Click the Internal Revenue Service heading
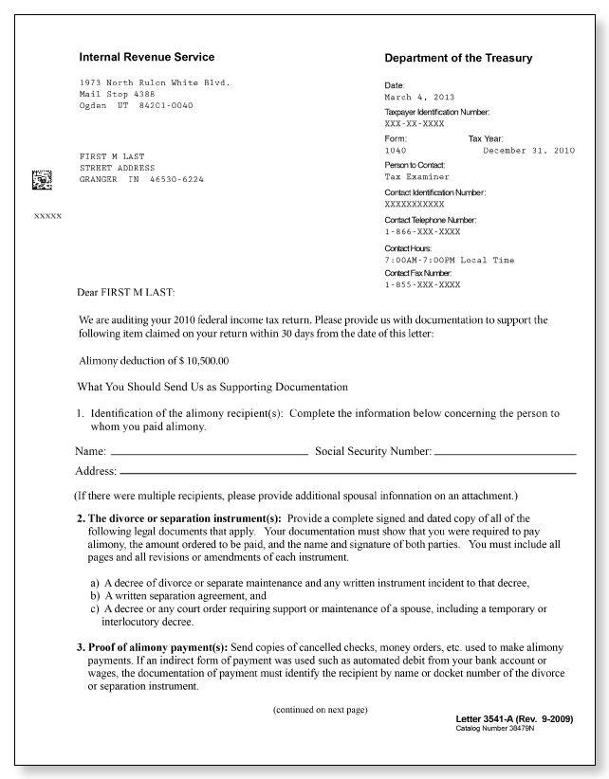pyautogui.click(x=146, y=57)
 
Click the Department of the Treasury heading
pyautogui.click(x=458, y=59)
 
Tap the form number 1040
pyautogui.click(x=396, y=151)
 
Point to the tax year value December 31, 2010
pyautogui.click(x=528, y=151)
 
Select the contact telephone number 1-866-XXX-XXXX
pyautogui.click(x=422, y=231)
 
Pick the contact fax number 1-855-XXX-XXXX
pyautogui.click(x=422, y=284)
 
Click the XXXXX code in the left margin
pyautogui.click(x=47, y=216)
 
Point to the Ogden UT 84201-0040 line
pyautogui.click(x=136, y=105)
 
